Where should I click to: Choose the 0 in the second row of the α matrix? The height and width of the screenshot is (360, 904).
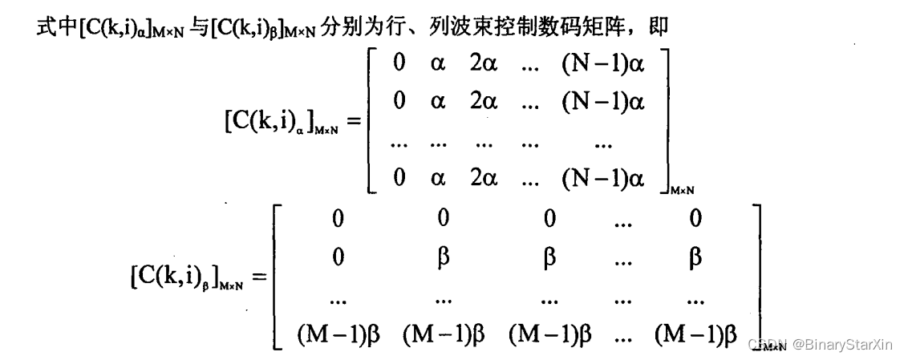399,103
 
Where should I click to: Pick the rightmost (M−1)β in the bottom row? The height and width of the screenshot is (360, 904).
695,335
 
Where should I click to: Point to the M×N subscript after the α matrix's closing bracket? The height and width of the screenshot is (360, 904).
682,189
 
